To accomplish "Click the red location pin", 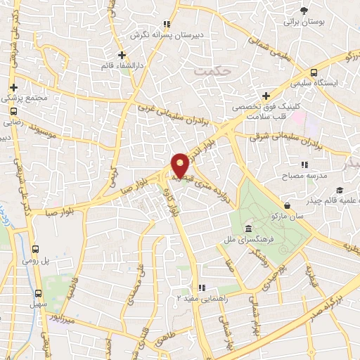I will click(x=180, y=165).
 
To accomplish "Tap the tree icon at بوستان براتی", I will click(x=304, y=11).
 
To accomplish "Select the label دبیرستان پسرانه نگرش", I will click(x=169, y=34).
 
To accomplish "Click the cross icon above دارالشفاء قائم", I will click(x=122, y=54).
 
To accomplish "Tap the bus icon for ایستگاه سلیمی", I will click(x=314, y=72).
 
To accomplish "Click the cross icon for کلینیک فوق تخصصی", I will click(x=266, y=96).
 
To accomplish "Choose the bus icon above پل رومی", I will click(x=36, y=250).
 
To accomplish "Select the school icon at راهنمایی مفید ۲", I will click(x=202, y=288).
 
